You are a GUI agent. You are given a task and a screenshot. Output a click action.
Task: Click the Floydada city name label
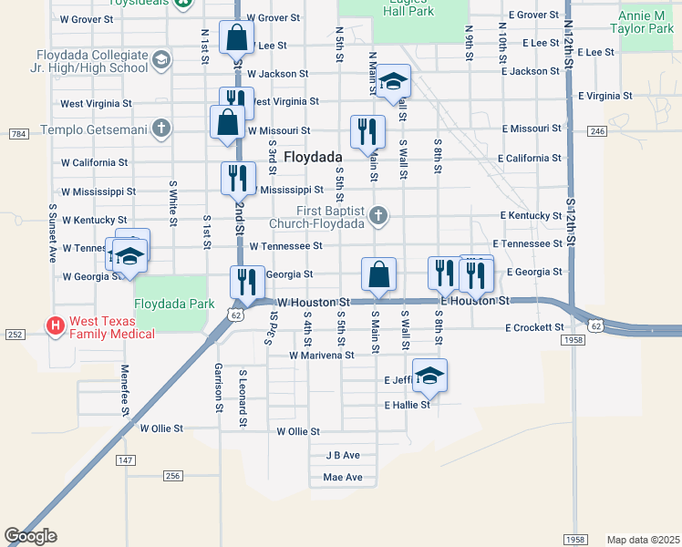pyautogui.click(x=312, y=157)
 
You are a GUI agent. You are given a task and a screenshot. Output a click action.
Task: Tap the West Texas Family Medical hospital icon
pyautogui.click(x=55, y=325)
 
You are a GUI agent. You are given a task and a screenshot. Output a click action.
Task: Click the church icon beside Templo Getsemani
pyautogui.click(x=161, y=128)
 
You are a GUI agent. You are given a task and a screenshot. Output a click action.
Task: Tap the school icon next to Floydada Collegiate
pyautogui.click(x=161, y=61)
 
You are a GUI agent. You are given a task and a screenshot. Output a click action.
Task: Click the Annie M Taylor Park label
pyautogui.click(x=646, y=23)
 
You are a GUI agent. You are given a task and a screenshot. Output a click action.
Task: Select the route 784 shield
pyautogui.click(x=17, y=134)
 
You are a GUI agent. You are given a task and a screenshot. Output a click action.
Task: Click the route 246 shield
pyautogui.click(x=597, y=131)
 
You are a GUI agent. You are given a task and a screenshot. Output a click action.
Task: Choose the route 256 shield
pyautogui.click(x=173, y=476)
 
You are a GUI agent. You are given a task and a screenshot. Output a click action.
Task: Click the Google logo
pyautogui.click(x=30, y=536)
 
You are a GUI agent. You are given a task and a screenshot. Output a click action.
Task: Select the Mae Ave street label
pyautogui.click(x=343, y=477)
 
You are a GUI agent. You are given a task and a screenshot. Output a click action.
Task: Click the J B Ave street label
pyautogui.click(x=343, y=455)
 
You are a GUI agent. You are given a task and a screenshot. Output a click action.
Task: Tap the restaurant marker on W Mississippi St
pyautogui.click(x=237, y=178)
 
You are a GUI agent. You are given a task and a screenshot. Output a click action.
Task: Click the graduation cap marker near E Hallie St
pyautogui.click(x=430, y=375)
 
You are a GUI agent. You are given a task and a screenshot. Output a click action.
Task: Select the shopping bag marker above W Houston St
pyautogui.click(x=378, y=273)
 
